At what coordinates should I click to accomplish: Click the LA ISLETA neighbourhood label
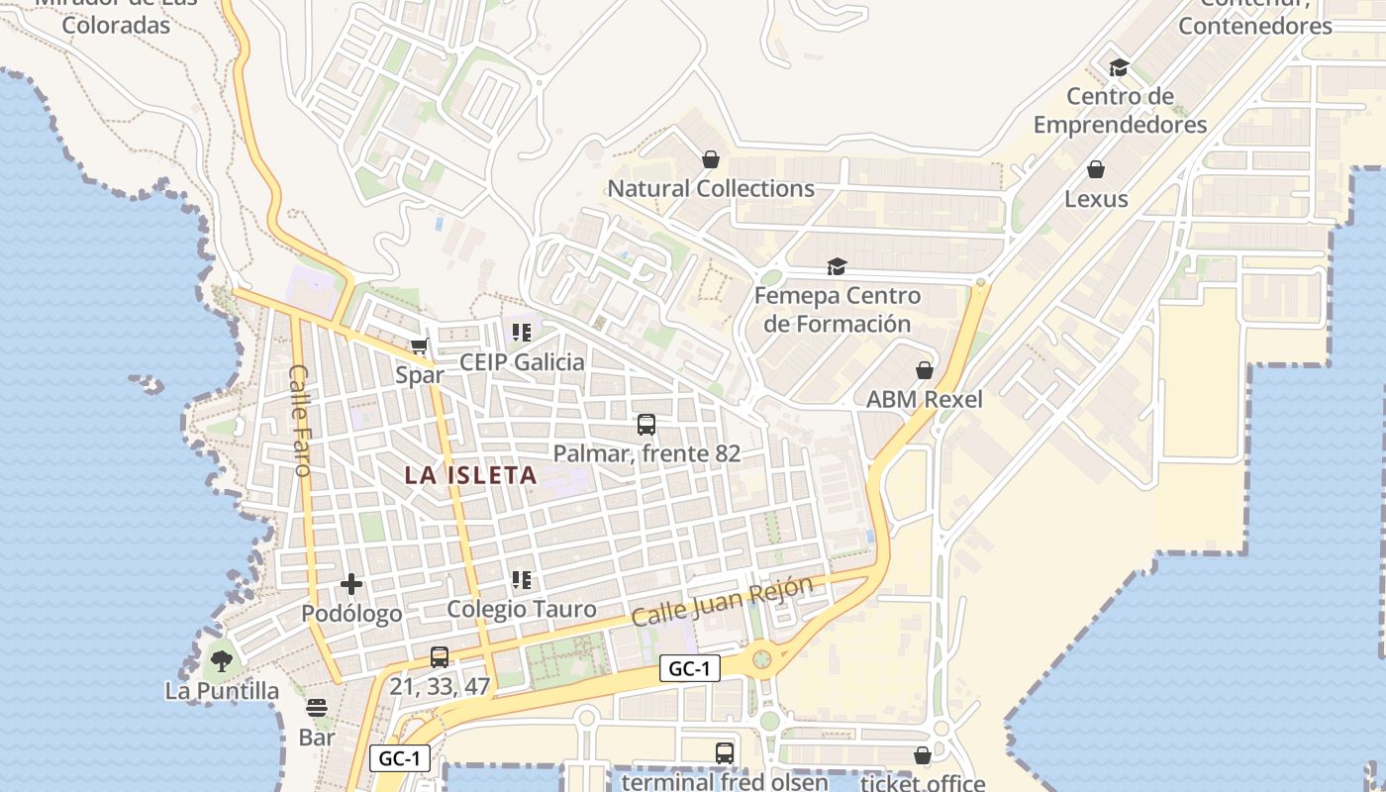471,475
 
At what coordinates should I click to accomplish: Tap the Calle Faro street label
299,420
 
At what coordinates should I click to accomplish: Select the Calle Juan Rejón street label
723,601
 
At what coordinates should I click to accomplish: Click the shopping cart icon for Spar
420,346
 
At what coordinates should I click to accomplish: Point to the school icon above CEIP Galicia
522,333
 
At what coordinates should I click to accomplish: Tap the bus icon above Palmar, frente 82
646,425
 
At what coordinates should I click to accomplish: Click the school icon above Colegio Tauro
522,580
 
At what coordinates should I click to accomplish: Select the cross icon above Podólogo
351,585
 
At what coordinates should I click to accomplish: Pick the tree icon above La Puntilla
222,660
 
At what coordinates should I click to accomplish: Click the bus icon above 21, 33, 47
440,656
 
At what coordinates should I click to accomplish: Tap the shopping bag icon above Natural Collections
710,159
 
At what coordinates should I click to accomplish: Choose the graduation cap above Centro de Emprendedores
1120,67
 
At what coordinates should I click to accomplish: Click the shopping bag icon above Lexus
1096,169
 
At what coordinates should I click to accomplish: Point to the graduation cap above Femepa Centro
838,266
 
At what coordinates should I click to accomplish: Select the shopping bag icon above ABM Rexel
925,370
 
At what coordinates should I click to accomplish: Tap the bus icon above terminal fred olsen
725,752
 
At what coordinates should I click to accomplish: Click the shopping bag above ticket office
923,755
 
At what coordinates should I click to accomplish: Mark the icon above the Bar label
317,708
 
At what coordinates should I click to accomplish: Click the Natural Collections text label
711,188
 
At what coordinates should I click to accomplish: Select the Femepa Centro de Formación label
838,310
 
